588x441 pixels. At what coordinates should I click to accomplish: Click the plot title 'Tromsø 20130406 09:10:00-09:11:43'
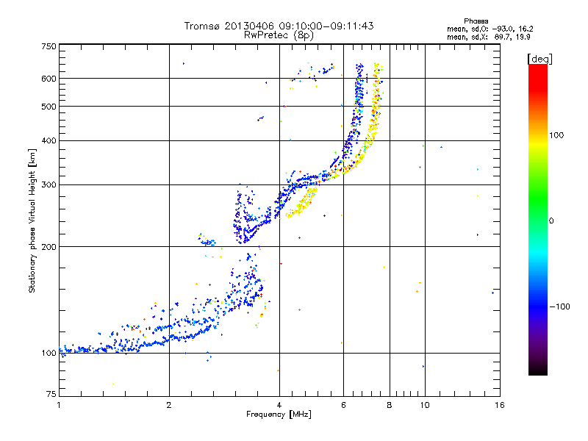coord(279,26)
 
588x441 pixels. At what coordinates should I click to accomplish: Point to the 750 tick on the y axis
coord(49,46)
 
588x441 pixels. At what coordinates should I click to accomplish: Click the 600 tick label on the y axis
coord(49,79)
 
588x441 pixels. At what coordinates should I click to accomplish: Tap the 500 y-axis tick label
coord(49,107)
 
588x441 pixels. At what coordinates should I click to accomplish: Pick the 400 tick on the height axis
coord(49,141)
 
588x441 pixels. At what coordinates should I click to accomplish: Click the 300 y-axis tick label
coord(49,185)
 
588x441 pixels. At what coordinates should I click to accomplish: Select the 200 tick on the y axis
coord(49,247)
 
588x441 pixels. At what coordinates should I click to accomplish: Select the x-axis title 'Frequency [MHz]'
coord(279,415)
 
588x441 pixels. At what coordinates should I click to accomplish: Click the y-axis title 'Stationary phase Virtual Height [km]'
coord(32,220)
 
